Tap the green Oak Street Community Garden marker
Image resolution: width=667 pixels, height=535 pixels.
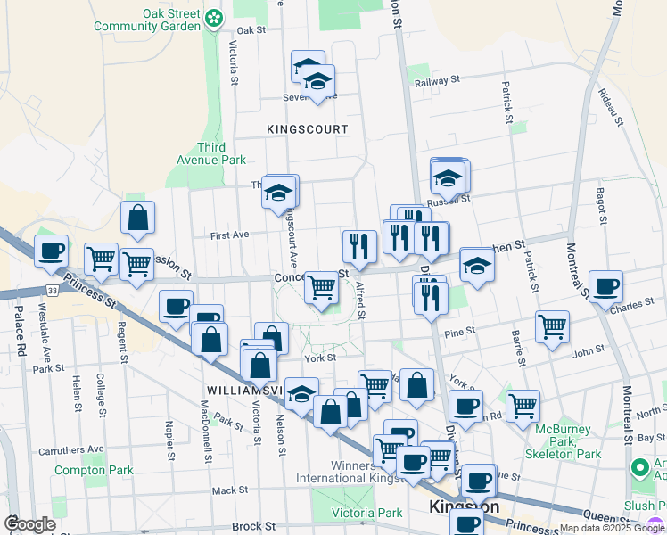point(214,17)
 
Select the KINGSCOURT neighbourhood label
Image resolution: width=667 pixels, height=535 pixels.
point(308,129)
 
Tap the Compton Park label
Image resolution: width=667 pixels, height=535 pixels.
point(94,470)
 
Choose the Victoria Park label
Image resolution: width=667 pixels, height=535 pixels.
point(367,513)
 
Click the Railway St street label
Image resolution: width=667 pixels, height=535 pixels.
point(437,81)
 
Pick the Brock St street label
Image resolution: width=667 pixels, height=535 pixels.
point(249,527)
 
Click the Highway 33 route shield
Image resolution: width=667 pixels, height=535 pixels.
point(53,290)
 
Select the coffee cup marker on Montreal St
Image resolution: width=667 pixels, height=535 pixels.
point(605,286)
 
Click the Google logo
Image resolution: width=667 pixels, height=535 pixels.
point(30,524)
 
